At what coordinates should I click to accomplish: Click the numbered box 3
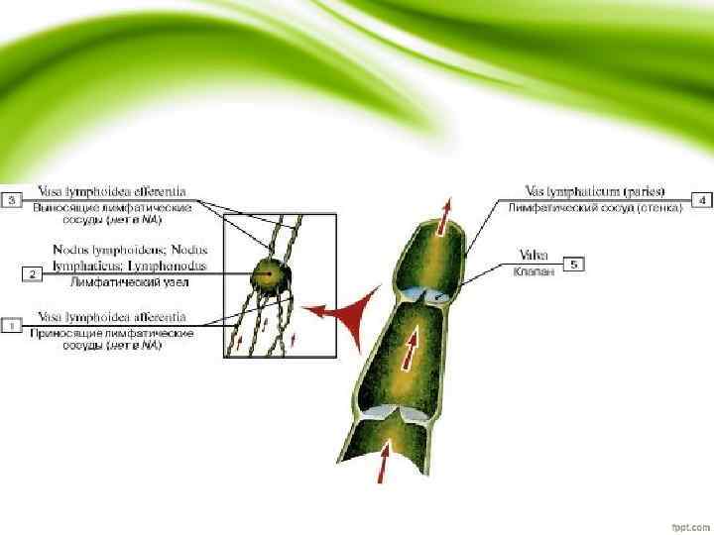pyautogui.click(x=12, y=200)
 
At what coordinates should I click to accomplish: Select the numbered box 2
pyautogui.click(x=33, y=272)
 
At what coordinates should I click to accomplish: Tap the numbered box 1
pyautogui.click(x=12, y=325)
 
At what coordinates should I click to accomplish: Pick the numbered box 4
pyautogui.click(x=702, y=200)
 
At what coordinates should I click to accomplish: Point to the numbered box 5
pyautogui.click(x=575, y=264)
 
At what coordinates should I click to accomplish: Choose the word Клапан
pyautogui.click(x=533, y=269)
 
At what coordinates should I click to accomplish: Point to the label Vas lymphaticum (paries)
pyautogui.click(x=595, y=190)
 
